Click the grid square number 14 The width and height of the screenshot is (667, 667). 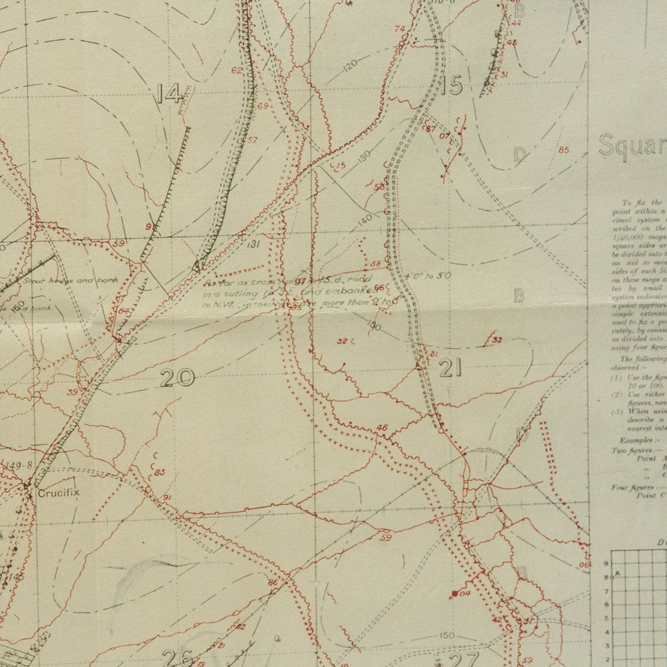169,95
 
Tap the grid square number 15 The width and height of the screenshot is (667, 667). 451,85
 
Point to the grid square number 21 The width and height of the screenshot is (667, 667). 450,369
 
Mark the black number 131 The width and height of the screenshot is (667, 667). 254,244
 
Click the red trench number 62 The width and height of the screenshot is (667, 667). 236,70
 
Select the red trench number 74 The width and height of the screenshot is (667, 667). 399,28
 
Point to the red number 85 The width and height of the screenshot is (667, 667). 563,151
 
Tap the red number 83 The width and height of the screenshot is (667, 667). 160,472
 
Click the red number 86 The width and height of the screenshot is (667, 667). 273,582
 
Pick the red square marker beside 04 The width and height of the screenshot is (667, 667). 453,593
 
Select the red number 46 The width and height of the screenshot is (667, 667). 382,427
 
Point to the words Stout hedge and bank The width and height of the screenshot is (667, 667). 46,282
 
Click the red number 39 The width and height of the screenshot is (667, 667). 72,391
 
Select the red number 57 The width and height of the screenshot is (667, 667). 253,140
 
